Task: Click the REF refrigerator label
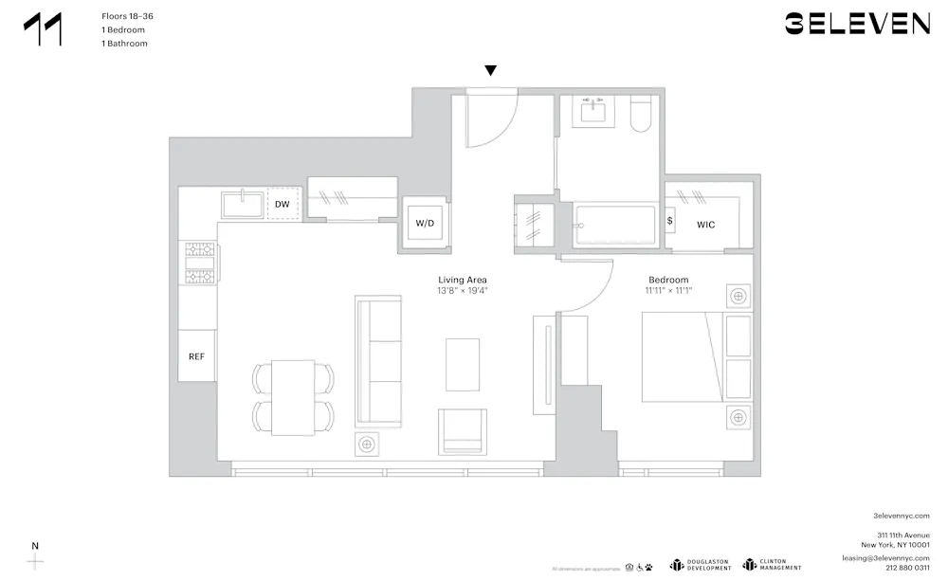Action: (x=196, y=356)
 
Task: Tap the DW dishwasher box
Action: (x=283, y=204)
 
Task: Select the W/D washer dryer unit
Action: (x=424, y=224)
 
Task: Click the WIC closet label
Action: (x=706, y=225)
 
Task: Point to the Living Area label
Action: (x=463, y=280)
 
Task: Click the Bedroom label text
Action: (x=668, y=280)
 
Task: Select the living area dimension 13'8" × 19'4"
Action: (x=463, y=291)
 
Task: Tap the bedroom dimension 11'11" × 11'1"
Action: (x=668, y=291)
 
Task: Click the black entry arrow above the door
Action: (x=490, y=71)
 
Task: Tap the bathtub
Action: (x=613, y=227)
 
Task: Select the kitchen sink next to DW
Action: (x=244, y=204)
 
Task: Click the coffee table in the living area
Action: (x=463, y=364)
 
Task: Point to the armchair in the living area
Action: (x=462, y=431)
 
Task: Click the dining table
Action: (x=293, y=398)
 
